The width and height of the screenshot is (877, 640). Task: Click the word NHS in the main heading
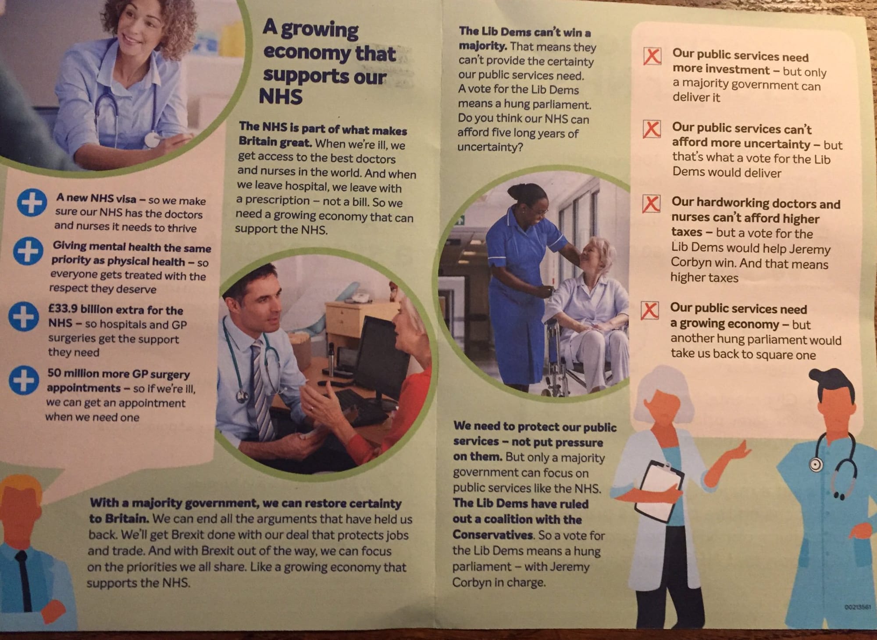pyautogui.click(x=281, y=97)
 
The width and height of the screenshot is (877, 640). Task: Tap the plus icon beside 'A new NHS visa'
pyautogui.click(x=32, y=203)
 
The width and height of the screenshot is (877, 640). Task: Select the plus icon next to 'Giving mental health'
pyautogui.click(x=28, y=251)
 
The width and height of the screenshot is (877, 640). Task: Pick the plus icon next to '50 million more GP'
pyautogui.click(x=24, y=380)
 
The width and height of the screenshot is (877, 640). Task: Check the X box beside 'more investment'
pyautogui.click(x=652, y=57)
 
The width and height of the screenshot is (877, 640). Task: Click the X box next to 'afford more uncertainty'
pyautogui.click(x=652, y=129)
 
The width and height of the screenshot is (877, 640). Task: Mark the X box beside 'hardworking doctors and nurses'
pyautogui.click(x=651, y=204)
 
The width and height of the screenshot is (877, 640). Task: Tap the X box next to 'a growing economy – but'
pyautogui.click(x=649, y=310)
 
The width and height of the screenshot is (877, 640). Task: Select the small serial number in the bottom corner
pyautogui.click(x=857, y=607)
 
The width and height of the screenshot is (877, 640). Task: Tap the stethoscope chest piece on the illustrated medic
pyautogui.click(x=815, y=464)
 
